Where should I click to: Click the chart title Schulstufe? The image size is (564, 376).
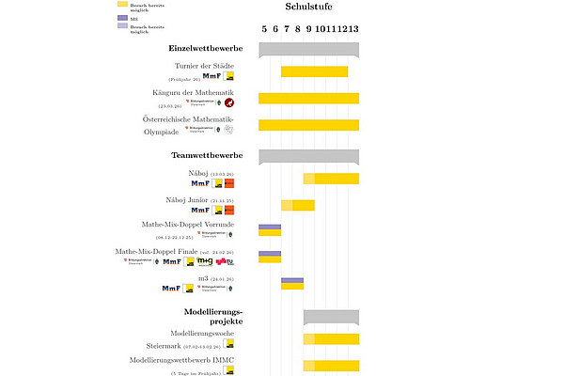[308, 8]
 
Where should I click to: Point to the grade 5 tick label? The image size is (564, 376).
[264, 27]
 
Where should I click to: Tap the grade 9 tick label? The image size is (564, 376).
[308, 27]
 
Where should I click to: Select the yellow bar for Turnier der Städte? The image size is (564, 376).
[314, 71]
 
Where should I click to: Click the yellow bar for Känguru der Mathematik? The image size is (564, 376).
[308, 98]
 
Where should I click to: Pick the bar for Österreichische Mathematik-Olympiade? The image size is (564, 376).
[308, 125]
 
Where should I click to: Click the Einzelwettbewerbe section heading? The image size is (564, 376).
[206, 47]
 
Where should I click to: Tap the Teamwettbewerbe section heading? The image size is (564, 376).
[207, 154]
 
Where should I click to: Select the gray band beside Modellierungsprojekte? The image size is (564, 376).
[330, 315]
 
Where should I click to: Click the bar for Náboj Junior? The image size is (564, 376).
[297, 205]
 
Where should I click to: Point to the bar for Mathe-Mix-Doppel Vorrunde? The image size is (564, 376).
[270, 230]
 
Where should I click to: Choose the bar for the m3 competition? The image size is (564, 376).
[291, 282]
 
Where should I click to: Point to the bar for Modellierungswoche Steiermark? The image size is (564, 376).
[330, 339]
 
